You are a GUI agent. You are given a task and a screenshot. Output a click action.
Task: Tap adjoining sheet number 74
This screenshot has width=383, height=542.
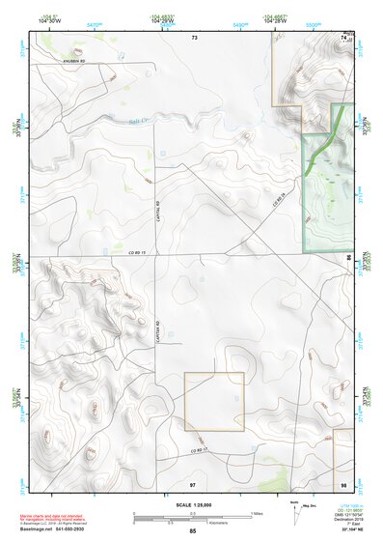click(343, 37)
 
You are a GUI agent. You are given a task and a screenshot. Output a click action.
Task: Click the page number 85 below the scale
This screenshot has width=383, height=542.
click(193, 531)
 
